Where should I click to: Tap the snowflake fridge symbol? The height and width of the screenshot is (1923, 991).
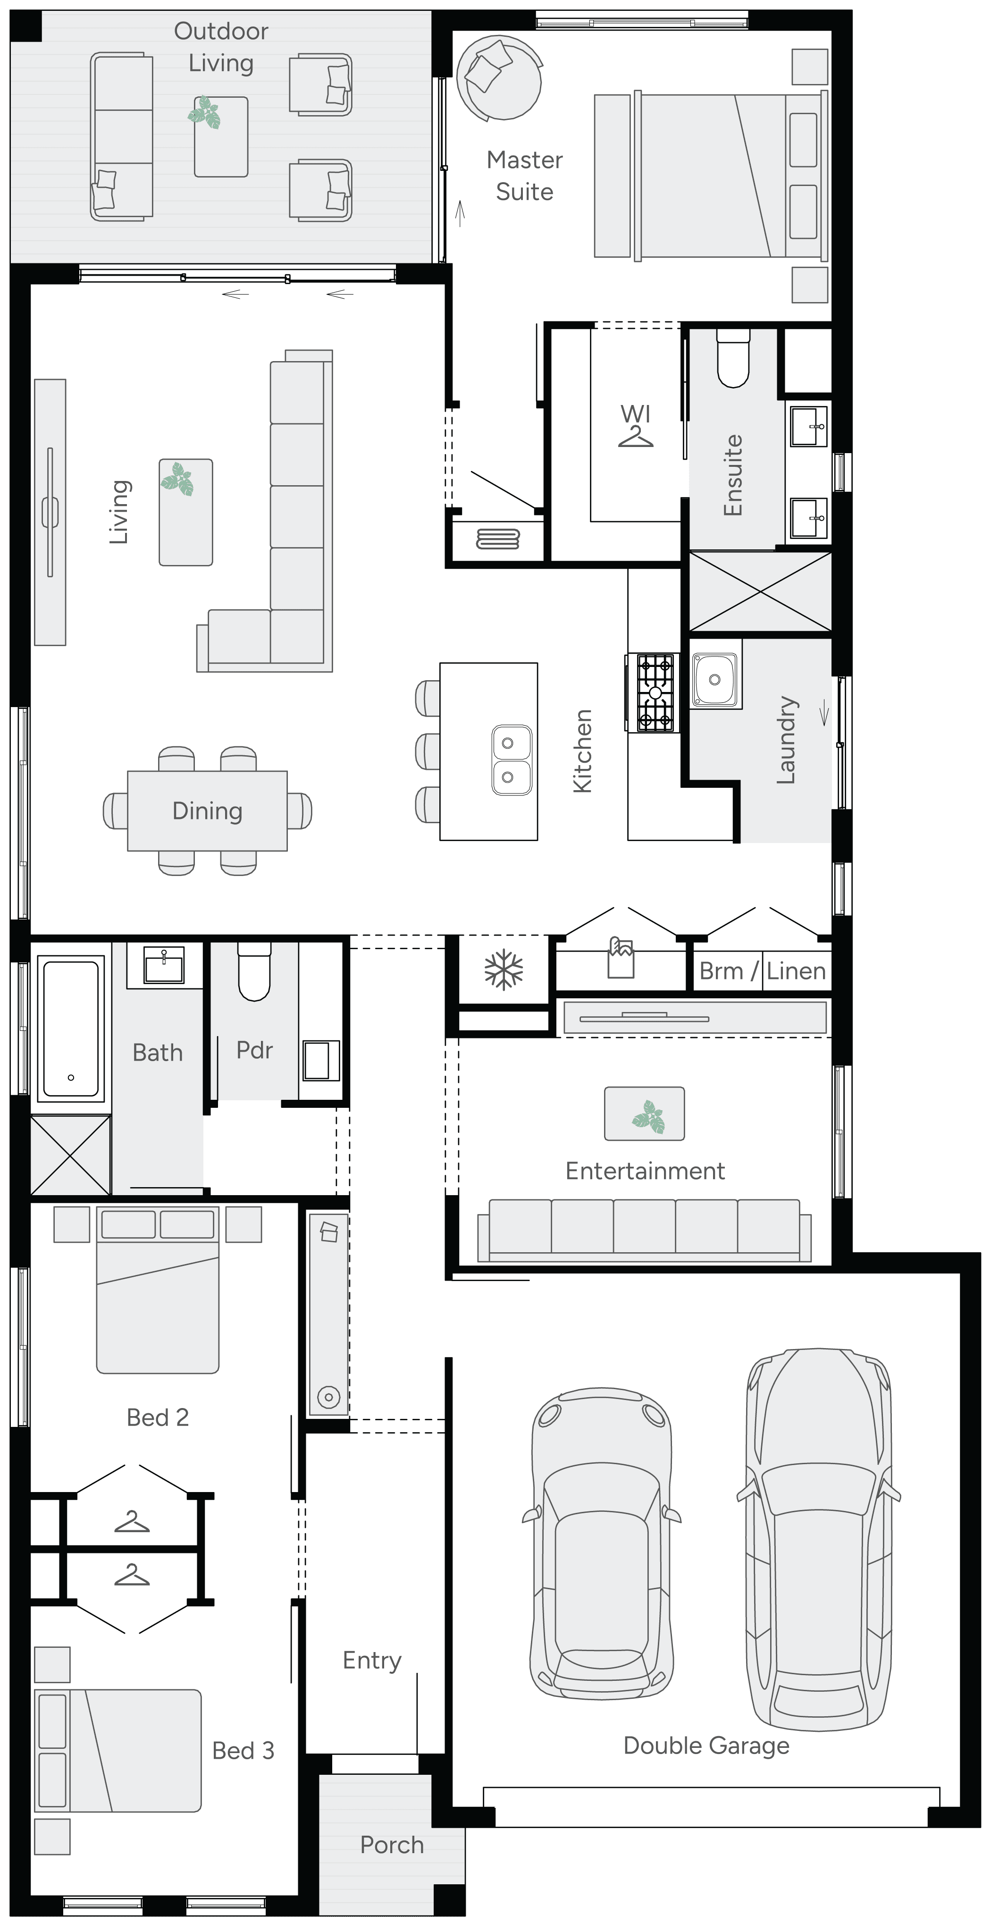tap(504, 970)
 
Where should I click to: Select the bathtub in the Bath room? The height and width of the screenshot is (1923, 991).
tap(71, 1028)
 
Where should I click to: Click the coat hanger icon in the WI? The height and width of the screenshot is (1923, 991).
tap(635, 436)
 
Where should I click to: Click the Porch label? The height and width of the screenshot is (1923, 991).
tap(392, 1845)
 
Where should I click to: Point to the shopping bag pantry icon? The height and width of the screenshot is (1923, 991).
tap(621, 958)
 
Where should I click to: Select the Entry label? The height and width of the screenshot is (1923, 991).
tap(372, 1660)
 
